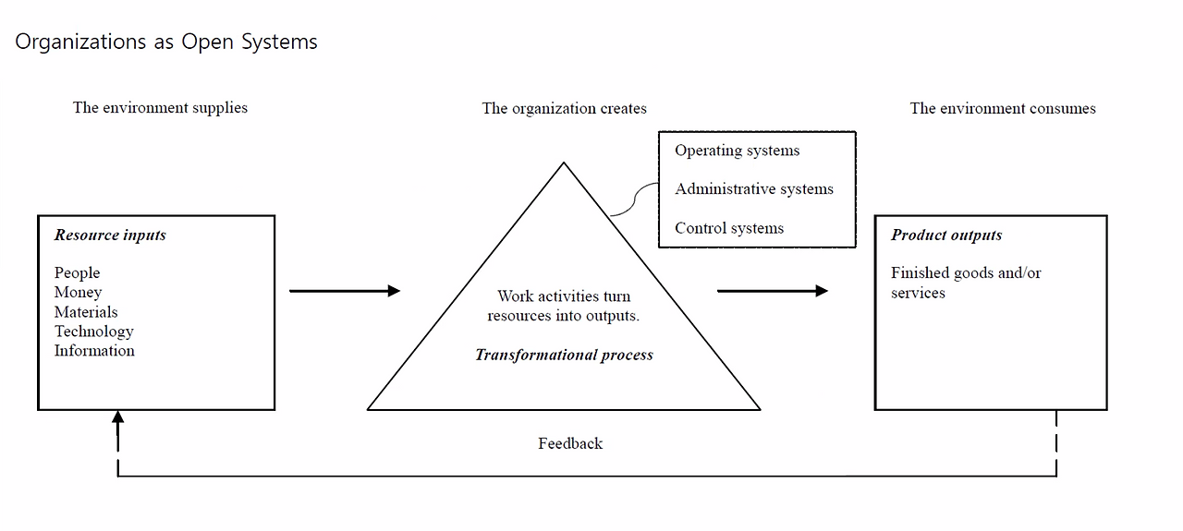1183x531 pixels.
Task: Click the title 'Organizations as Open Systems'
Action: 166,42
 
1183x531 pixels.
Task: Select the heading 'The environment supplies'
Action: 160,108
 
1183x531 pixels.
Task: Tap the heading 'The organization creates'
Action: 564,109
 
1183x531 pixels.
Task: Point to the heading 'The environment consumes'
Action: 1003,109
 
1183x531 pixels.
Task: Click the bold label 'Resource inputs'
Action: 110,235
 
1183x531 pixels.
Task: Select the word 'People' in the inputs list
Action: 77,273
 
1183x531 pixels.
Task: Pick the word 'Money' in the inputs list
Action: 78,293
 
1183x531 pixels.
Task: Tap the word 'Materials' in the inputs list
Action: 86,312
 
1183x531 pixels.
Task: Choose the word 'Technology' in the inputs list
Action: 93,332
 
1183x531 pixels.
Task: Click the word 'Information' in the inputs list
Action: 94,351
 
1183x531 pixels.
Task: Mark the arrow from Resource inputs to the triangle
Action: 344,291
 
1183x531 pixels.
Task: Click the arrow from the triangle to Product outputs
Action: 772,291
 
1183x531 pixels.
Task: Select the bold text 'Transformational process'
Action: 564,356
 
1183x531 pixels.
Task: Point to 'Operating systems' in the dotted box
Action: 737,151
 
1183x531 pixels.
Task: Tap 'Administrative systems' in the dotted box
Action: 753,189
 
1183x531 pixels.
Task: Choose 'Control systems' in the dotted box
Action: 728,229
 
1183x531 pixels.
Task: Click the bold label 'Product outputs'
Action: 946,235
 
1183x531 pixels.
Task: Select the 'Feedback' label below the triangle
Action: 570,444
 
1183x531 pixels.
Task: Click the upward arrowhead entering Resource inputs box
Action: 117,417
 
